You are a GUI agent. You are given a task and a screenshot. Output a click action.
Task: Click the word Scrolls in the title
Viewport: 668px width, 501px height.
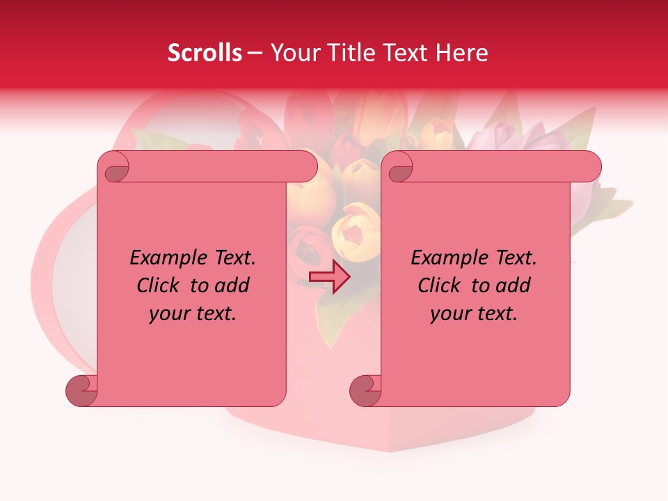click(x=205, y=53)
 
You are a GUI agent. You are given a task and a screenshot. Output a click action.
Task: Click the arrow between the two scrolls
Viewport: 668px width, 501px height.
click(x=330, y=277)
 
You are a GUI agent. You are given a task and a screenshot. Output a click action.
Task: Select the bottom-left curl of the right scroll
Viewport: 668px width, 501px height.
click(x=366, y=390)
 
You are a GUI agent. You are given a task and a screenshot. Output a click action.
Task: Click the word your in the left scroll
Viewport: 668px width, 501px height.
click(x=167, y=314)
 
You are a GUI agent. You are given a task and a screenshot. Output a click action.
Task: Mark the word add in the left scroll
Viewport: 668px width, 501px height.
click(x=232, y=285)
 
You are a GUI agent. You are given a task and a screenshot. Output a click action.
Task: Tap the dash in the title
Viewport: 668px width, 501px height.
click(x=255, y=53)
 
